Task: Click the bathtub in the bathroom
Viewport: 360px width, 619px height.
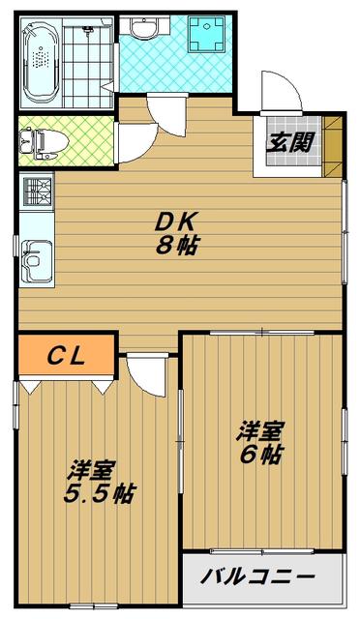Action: coord(42,62)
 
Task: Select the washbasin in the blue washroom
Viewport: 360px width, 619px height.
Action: coord(144,28)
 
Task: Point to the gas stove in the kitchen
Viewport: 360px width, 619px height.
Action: coord(38,192)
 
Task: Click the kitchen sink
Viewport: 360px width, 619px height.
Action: coord(37,261)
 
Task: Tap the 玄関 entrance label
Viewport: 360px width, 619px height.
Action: coord(290,142)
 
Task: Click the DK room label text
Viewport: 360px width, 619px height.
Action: coord(175,224)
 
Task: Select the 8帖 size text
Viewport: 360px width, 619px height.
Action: coord(176,246)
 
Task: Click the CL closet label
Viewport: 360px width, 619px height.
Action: coord(66,356)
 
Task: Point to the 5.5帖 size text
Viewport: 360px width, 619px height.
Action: coord(100,493)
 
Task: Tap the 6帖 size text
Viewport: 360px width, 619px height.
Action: coord(260,455)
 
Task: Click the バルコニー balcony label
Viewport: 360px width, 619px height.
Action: coord(258,576)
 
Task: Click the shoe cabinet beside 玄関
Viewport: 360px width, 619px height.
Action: coord(332,146)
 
